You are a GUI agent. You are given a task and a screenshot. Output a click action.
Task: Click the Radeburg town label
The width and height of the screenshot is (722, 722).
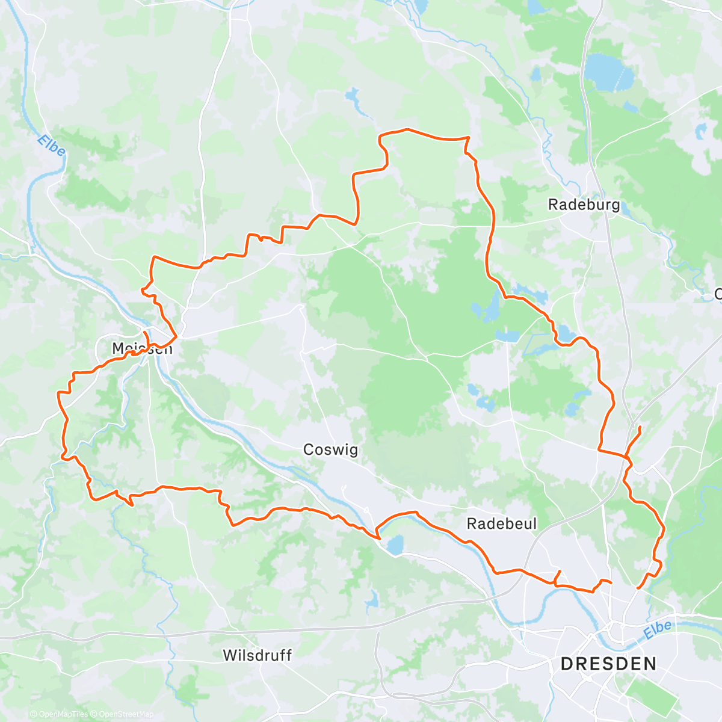584,205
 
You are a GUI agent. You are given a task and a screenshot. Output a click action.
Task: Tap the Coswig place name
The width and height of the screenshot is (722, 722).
330,450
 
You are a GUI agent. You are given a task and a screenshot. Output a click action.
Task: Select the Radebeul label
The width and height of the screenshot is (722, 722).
501,524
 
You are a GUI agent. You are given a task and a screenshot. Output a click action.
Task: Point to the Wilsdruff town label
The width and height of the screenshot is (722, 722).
257,655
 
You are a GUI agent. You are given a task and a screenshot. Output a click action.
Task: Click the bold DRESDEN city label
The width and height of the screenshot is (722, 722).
608,664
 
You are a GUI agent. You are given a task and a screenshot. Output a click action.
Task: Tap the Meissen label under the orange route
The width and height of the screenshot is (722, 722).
142,348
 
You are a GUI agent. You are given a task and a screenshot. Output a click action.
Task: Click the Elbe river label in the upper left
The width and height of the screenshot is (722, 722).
51,146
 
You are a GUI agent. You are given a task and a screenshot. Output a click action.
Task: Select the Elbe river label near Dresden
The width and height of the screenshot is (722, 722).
657,630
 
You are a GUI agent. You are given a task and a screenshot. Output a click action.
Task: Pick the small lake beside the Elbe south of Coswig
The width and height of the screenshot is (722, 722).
395,545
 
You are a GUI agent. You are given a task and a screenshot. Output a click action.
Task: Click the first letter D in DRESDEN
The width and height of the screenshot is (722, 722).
566,664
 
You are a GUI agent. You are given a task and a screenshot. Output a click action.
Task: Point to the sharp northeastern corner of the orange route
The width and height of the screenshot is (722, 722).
468,138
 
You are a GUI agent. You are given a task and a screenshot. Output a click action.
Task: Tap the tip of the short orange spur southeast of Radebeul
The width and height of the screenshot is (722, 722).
560,571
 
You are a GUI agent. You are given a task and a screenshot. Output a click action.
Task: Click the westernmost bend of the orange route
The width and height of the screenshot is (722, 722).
58,392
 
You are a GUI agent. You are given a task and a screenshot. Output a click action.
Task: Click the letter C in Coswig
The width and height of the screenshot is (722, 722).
309,450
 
